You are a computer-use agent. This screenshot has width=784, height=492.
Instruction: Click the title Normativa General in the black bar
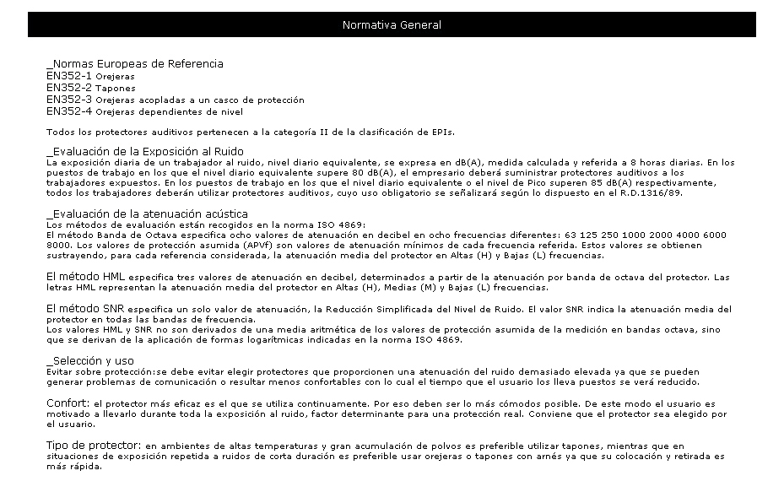392,25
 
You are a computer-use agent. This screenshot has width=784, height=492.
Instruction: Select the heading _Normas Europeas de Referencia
135,64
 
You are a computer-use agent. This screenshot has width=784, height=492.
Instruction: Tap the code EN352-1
69,76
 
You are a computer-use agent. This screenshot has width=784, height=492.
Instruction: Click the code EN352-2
69,88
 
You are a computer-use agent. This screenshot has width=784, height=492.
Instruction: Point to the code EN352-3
69,100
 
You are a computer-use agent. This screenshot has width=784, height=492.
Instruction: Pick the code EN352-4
69,111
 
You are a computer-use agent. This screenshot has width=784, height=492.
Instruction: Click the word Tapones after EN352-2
115,88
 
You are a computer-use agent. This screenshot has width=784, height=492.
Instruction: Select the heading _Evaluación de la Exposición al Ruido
145,151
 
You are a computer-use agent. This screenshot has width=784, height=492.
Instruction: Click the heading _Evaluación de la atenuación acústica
147,214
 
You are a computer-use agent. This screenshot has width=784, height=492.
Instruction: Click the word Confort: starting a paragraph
68,403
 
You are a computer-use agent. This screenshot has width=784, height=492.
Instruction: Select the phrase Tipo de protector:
94,445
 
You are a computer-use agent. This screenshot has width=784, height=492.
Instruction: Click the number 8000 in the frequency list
57,246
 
